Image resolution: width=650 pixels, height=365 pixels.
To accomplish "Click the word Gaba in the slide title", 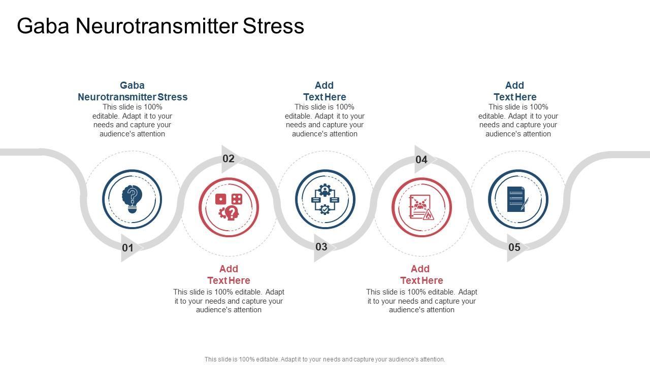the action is click(x=43, y=26).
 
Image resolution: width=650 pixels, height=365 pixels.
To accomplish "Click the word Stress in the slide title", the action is click(x=273, y=26).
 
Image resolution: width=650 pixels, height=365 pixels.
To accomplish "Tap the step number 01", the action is click(x=127, y=248).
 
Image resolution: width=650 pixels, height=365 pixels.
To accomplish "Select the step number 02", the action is click(x=229, y=159).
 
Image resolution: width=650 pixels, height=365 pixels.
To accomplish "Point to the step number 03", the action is click(x=321, y=247).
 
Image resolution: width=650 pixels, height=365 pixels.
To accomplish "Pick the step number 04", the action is click(x=421, y=160).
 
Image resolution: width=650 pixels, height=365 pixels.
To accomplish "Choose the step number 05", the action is click(x=514, y=247).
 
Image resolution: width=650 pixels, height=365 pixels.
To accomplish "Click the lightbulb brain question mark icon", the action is click(x=132, y=199).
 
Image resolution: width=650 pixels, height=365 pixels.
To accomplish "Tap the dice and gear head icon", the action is click(x=229, y=207).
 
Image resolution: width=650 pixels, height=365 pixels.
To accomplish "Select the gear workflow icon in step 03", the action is click(x=325, y=199).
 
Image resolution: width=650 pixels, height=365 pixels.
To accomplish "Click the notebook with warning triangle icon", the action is click(x=421, y=207).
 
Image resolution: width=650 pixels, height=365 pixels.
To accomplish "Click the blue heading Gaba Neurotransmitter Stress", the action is click(x=133, y=91).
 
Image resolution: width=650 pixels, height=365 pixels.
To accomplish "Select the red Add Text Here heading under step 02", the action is click(x=229, y=275).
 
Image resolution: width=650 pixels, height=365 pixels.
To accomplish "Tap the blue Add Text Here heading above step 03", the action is click(x=324, y=91).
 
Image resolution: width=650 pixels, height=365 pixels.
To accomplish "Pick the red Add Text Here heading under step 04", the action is click(x=421, y=275).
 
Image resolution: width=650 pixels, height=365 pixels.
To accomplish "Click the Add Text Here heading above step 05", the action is click(x=515, y=91).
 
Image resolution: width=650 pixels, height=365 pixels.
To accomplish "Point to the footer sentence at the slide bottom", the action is click(x=324, y=359).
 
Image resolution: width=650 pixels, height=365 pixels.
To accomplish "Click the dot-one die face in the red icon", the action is click(x=220, y=199).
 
